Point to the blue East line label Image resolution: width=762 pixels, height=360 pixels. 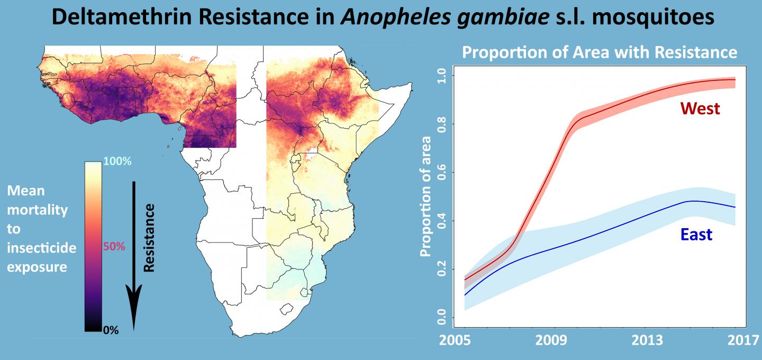pyautogui.click(x=696, y=235)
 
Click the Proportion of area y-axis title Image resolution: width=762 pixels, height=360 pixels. pyautogui.click(x=425, y=196)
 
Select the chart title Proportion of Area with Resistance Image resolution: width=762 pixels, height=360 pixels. pyautogui.click(x=600, y=52)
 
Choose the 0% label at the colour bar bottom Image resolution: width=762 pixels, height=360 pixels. pyautogui.click(x=111, y=330)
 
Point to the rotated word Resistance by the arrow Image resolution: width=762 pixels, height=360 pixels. pyautogui.click(x=149, y=237)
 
